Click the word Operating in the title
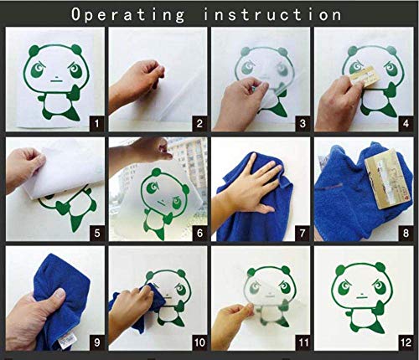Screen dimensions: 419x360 pos(127,14)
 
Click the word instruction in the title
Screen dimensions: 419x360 pos(272,14)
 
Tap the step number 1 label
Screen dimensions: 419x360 pos(96,123)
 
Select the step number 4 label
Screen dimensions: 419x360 pos(406,123)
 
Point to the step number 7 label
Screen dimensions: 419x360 pos(303,233)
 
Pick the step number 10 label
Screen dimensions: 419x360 pos(199,342)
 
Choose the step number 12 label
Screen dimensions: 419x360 pos(406,342)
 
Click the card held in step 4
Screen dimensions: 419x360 pos(365,77)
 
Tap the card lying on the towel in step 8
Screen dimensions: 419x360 pos(388,178)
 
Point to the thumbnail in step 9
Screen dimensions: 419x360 pos(59,294)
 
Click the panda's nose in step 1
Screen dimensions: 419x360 pos(56,77)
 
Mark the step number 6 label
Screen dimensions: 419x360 pos(199,233)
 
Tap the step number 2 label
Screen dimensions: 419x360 pos(199,123)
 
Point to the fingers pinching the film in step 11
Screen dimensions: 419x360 pos(246,309)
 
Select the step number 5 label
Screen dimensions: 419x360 pos(96,233)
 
